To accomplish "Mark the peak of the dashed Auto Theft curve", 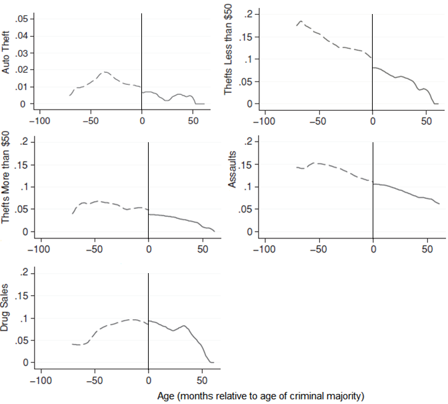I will (x=105, y=72).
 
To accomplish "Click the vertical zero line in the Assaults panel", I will (x=373, y=187).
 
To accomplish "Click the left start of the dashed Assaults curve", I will (x=297, y=167).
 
